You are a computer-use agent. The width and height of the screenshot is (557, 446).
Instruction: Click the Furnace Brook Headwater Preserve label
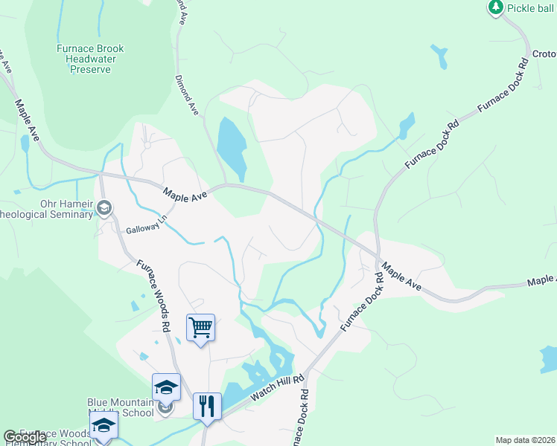coord(90,59)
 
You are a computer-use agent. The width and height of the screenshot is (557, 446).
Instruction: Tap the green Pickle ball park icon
coord(495,7)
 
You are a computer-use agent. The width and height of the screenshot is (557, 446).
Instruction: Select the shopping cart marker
coord(200,326)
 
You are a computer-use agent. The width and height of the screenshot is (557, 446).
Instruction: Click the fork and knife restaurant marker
coord(207,406)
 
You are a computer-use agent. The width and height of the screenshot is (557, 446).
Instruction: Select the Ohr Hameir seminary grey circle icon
coord(104,208)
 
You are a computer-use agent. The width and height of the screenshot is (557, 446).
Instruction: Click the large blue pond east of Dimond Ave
coord(231,145)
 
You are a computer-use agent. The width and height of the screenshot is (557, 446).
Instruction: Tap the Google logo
coord(24,437)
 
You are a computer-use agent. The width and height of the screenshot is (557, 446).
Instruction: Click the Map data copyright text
coord(524,440)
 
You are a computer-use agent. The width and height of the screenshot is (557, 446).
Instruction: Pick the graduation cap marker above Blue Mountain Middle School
coord(166,387)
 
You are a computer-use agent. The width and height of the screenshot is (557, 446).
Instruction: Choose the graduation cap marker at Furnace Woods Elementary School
coord(104,425)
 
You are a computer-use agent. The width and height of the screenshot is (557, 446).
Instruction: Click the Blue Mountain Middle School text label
coord(121,407)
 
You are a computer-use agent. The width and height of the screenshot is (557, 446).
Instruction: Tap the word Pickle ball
coord(532,8)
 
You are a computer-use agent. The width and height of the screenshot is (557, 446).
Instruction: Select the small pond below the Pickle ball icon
coord(440,56)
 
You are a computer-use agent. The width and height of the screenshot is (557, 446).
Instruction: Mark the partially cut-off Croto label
coord(544,54)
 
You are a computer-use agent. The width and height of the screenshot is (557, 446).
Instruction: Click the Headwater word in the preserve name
coord(90,59)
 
